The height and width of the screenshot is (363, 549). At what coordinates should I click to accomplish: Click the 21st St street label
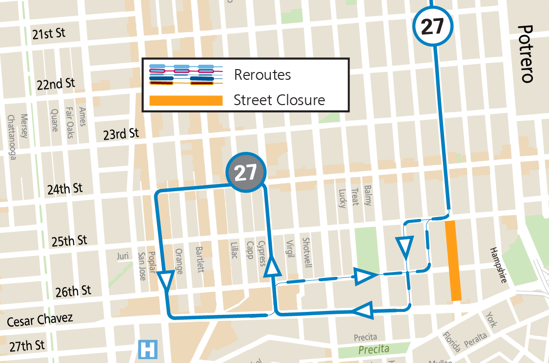coord(49,34)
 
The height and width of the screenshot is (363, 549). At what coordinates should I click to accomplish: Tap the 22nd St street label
coord(55,84)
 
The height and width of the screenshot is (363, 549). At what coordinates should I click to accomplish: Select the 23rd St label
coord(121,134)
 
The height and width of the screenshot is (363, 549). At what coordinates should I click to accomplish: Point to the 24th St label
coord(65,189)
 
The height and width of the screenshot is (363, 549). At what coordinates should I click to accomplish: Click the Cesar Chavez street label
coord(40,320)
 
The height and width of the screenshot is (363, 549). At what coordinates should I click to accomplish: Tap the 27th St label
coord(27,346)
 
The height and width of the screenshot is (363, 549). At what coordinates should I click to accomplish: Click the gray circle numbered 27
coord(247,172)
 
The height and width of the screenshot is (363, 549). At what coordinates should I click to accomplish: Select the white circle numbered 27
coord(432,27)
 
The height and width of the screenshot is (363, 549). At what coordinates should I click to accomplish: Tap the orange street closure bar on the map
coord(453,260)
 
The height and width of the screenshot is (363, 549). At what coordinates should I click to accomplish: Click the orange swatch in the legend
coord(186,101)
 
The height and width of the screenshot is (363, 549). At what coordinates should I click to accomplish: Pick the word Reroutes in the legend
coord(262,75)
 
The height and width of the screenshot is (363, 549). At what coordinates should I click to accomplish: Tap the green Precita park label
coord(373,349)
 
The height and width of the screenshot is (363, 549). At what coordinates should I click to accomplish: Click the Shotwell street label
coord(306,253)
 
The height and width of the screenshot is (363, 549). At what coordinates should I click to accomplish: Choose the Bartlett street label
coord(199,259)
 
